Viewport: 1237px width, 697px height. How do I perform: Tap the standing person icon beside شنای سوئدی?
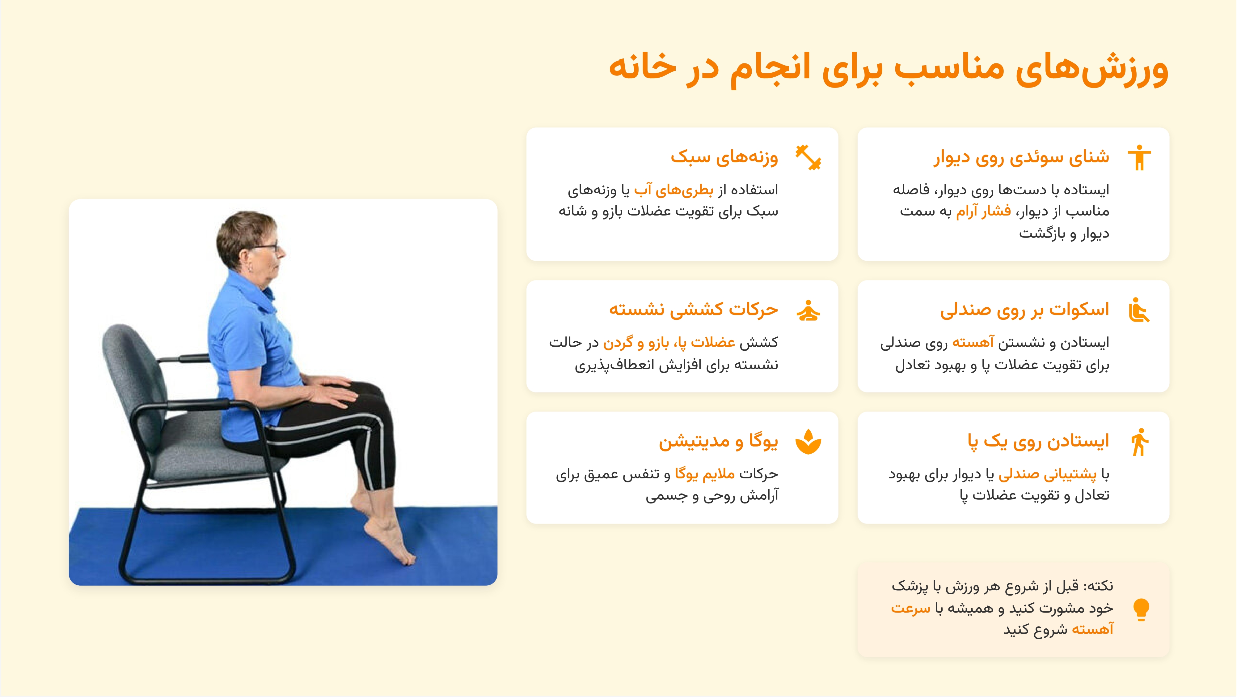pos(1139,158)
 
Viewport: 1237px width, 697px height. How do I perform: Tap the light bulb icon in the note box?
pos(1141,609)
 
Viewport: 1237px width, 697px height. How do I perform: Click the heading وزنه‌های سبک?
pos(724,157)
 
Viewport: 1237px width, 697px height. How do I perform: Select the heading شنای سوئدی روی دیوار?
pos(1021,157)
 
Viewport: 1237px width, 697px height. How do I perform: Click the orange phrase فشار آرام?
pos(983,211)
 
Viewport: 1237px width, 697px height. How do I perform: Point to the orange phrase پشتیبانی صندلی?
pos(1047,474)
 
